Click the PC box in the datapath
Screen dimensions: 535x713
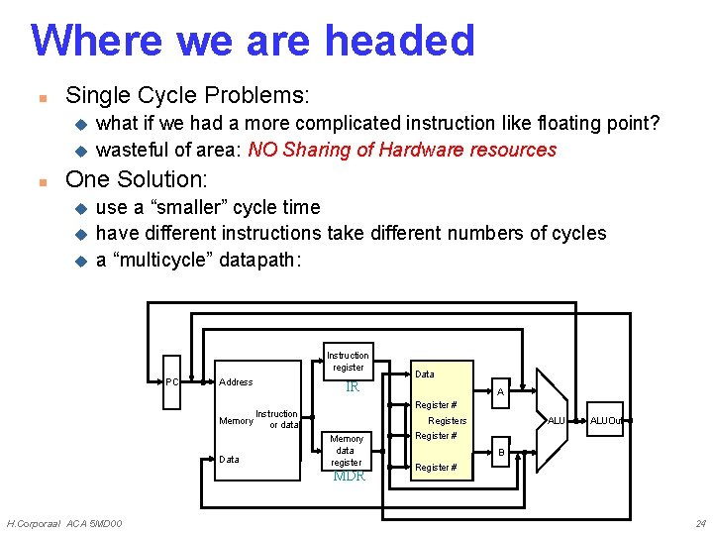pos(171,382)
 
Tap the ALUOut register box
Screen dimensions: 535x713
pos(605,421)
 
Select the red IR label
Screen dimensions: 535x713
pos(352,387)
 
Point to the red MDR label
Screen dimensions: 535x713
pos(349,477)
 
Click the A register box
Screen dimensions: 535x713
pos(500,393)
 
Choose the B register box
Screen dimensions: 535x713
pos(500,453)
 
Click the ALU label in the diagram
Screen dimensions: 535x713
pos(557,421)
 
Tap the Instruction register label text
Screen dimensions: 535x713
pos(348,362)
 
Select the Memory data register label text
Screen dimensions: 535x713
pos(347,451)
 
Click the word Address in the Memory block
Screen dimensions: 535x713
pos(236,382)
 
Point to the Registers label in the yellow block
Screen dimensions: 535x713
pos(448,421)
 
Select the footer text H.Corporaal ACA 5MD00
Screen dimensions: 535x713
pos(64,523)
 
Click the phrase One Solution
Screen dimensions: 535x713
pos(136,179)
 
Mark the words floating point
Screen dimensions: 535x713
pos(603,124)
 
